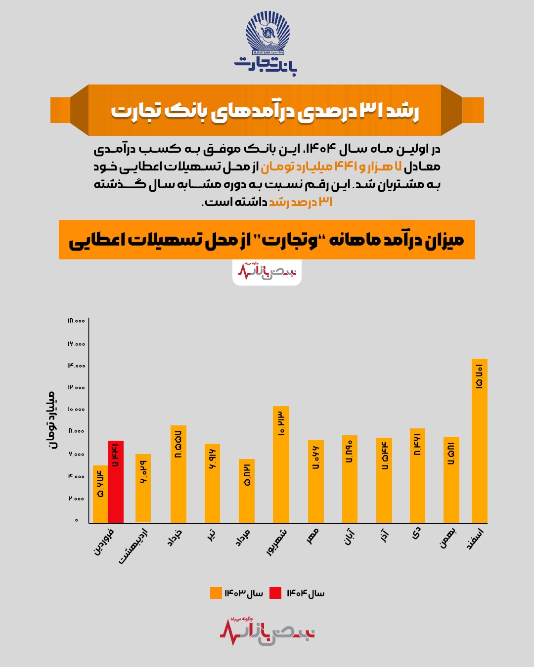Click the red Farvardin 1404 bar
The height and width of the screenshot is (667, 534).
pos(116,482)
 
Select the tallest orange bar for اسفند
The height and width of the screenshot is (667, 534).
pos(479,441)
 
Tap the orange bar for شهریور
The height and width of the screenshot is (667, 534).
pos(281,464)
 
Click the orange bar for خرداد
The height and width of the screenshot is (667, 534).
pos(178,474)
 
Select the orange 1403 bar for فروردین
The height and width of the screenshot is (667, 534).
pos(100,494)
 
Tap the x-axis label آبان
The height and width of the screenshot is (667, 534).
pos(349,537)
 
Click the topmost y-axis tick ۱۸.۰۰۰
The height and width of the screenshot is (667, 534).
pos(76,321)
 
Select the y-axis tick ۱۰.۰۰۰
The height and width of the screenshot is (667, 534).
pos(76,409)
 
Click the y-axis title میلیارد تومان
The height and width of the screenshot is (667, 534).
pos(51,419)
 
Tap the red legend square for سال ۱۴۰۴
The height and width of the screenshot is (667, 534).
pos(275,593)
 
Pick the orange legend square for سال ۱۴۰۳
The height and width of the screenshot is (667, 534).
pos(216,593)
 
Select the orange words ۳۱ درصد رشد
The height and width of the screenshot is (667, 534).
pos(301,202)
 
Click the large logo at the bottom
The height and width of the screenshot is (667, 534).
pos(267,631)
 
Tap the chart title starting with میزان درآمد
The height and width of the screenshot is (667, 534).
pos(267,240)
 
